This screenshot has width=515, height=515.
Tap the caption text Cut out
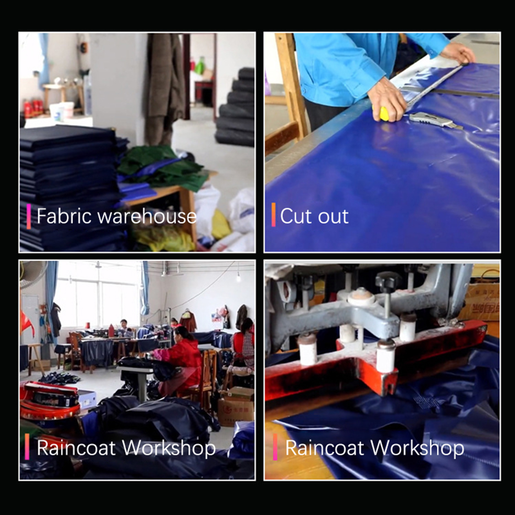(314, 216)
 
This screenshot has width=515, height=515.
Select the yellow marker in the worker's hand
(384, 114)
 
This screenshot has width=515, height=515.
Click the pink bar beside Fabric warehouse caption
(29, 216)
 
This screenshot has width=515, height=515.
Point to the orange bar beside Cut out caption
(274, 215)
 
